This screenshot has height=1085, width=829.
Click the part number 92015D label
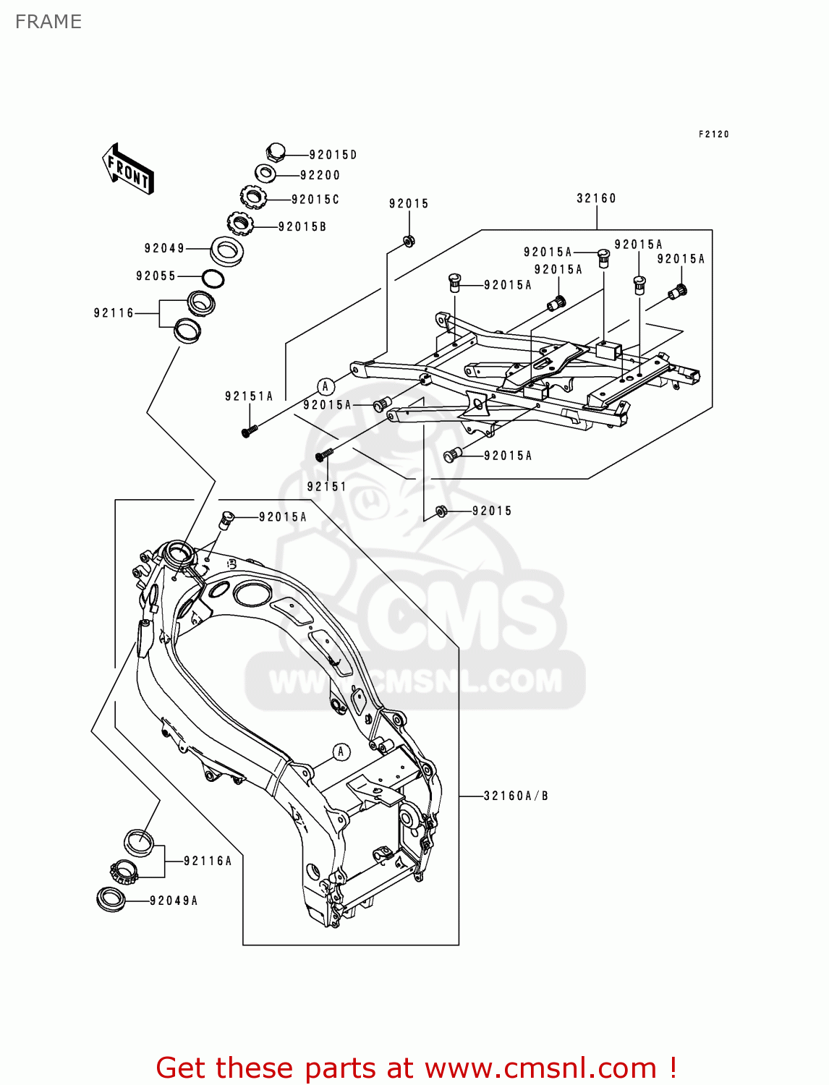[333, 155]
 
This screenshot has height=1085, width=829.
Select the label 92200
[320, 175]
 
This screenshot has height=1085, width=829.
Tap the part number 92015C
[315, 200]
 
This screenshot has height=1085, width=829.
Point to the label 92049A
[174, 901]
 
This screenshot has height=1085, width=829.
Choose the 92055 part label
[156, 276]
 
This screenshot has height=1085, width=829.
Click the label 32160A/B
[516, 796]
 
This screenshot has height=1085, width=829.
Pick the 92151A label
[249, 396]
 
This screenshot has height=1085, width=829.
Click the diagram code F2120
[713, 135]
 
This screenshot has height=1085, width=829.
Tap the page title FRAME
[48, 22]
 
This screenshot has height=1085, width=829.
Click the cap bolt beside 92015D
[276, 152]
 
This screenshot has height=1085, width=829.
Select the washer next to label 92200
[265, 174]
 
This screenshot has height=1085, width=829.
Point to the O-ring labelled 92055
[213, 278]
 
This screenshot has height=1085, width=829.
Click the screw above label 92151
[323, 455]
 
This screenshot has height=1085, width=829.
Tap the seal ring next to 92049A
[111, 899]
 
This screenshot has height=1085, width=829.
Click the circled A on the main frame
[341, 752]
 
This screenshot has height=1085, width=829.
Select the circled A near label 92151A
[325, 386]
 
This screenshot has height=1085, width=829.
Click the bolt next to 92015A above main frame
[226, 519]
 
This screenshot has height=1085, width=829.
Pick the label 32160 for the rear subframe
[596, 198]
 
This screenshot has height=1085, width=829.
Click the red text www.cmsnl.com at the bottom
[540, 1068]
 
